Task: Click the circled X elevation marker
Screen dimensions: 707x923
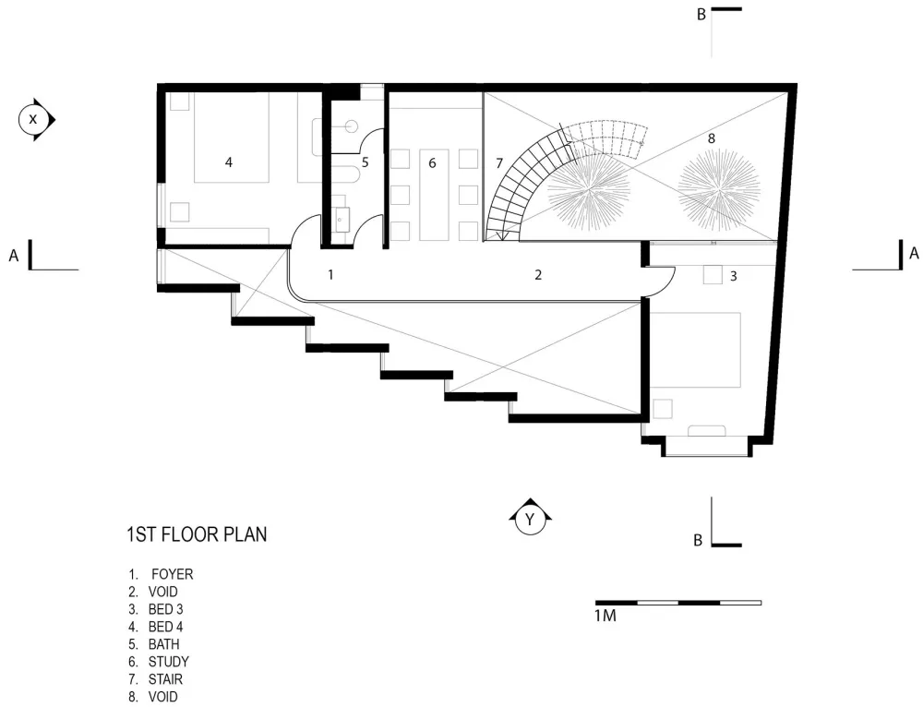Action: pyautogui.click(x=34, y=119)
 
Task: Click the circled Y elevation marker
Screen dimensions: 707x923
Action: pyautogui.click(x=530, y=520)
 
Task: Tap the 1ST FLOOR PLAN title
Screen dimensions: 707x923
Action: pyautogui.click(x=197, y=534)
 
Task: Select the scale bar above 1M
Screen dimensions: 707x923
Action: pyautogui.click(x=677, y=603)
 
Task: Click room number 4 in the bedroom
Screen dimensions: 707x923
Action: pyautogui.click(x=229, y=162)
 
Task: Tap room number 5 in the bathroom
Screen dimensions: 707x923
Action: pyautogui.click(x=365, y=162)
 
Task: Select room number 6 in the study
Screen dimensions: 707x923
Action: pyautogui.click(x=431, y=162)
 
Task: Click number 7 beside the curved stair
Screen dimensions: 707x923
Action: pyautogui.click(x=499, y=162)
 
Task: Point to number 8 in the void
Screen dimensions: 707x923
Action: pyautogui.click(x=711, y=138)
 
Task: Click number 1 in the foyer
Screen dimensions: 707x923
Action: pyautogui.click(x=330, y=274)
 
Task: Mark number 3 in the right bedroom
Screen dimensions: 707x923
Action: pyautogui.click(x=734, y=275)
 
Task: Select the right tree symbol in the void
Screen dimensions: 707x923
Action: pyautogui.click(x=719, y=189)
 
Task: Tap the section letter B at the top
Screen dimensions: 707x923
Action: pyautogui.click(x=701, y=14)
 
